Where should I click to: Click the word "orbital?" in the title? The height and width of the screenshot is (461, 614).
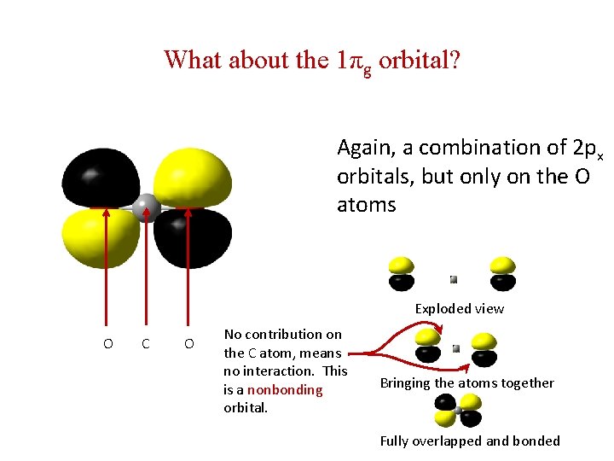pos(417,60)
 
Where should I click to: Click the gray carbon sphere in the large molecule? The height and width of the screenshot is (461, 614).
pos(147,207)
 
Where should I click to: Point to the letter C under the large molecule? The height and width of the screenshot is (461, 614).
pos(147,344)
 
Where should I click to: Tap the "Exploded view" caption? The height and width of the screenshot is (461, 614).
pos(459,309)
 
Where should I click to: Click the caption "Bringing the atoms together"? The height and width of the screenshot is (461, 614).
pos(466,383)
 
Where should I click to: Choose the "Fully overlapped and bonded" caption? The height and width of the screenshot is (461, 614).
pos(470,441)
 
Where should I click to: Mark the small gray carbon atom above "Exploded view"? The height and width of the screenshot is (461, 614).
pos(454,279)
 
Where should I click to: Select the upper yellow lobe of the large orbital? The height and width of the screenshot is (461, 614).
pos(194,176)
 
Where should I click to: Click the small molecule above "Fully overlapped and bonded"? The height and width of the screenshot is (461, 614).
pos(457,410)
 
